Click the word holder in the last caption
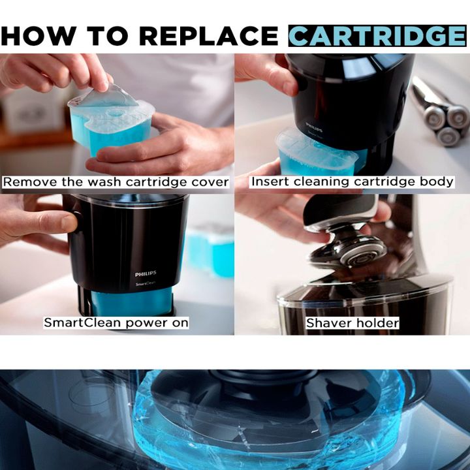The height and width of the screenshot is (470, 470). pyautogui.click(x=378, y=323)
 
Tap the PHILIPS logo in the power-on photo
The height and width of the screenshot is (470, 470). pyautogui.click(x=145, y=275)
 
